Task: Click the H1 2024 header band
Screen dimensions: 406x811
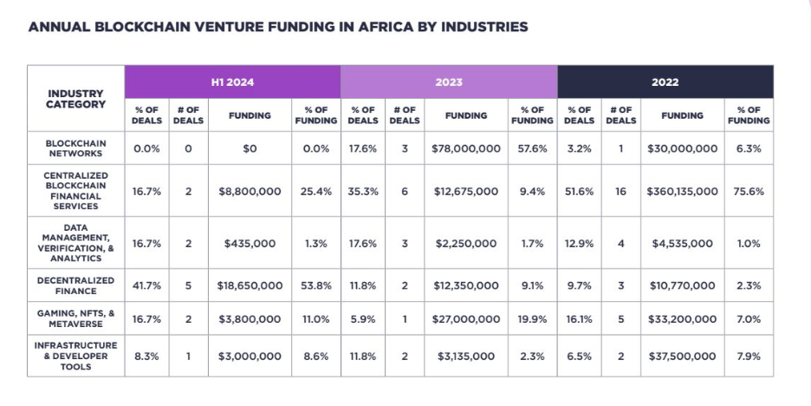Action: coord(232,82)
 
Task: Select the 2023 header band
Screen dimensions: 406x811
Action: coord(449,82)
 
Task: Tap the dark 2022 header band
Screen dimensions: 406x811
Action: coord(665,82)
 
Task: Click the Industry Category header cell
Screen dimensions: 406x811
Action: coord(76,99)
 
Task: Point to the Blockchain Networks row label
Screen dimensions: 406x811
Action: coord(76,148)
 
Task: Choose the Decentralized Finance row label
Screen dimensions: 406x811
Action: coord(76,285)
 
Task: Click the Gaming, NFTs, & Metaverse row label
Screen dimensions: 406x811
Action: coord(76,318)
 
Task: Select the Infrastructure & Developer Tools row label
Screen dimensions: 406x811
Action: coord(76,356)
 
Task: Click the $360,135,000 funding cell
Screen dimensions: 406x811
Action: coord(682,191)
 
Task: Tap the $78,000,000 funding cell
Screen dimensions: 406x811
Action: coord(465,148)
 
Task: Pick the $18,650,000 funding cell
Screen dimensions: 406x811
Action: coord(250,285)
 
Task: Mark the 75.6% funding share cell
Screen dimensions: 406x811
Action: coord(749,191)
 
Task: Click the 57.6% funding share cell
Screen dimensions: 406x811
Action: coord(533,148)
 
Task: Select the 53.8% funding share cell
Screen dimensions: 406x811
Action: coord(316,285)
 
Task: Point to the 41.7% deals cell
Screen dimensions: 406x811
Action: coord(146,285)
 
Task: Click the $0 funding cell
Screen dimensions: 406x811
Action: coord(250,148)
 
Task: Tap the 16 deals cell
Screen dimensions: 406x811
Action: coord(620,191)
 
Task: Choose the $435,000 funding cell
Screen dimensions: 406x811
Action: coord(250,244)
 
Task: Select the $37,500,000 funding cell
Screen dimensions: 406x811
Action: coord(682,356)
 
